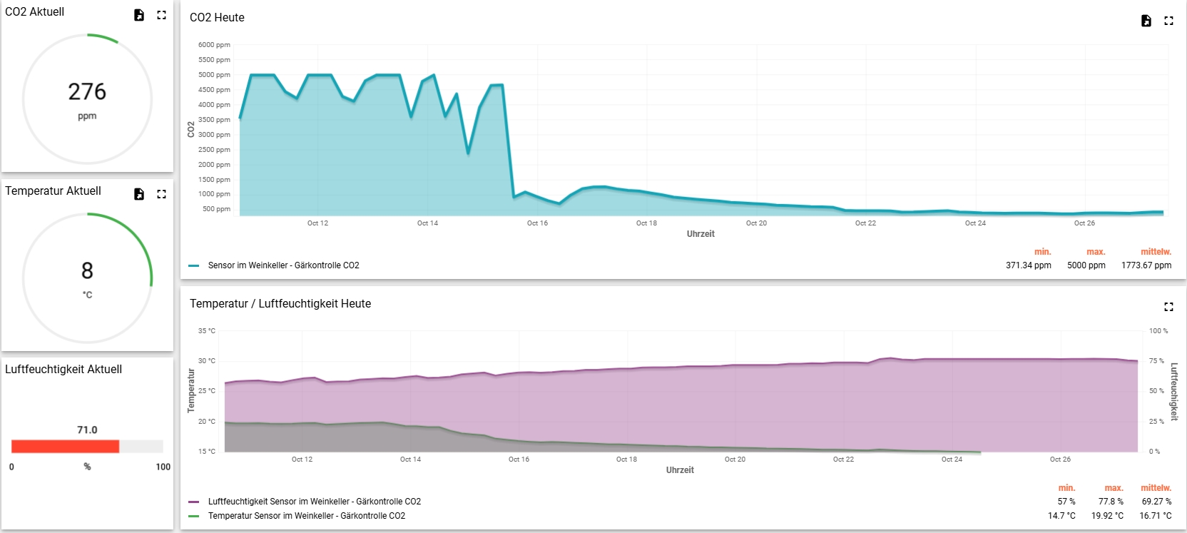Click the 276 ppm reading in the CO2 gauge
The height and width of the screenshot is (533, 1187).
tap(87, 92)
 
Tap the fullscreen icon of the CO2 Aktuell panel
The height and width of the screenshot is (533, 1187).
tap(162, 15)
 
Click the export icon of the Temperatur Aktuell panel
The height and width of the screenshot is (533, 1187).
tap(139, 194)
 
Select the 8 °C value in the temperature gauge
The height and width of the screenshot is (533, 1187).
tap(87, 271)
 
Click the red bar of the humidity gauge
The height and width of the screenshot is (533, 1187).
tap(65, 447)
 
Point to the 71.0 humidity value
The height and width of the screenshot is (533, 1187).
tap(87, 430)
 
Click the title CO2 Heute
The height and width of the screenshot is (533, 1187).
tap(217, 18)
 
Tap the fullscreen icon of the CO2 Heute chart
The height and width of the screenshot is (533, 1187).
tap(1168, 21)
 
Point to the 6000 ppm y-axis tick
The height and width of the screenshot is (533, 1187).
tap(214, 45)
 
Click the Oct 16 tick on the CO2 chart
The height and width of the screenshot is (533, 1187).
tap(537, 223)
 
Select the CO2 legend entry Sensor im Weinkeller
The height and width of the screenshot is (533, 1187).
tap(283, 265)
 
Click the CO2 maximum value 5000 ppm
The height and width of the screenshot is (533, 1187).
tap(1086, 265)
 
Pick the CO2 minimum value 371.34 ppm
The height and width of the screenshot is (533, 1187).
tap(1028, 265)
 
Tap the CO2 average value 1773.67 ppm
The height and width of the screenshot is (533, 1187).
tap(1146, 265)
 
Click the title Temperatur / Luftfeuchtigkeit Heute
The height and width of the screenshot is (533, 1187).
tap(280, 304)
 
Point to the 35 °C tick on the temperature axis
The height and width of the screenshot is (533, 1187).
tap(207, 331)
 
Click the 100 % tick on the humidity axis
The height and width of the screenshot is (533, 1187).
tap(1158, 331)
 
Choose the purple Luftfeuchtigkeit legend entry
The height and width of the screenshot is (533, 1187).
tap(314, 502)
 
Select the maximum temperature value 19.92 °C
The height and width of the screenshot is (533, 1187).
tap(1107, 516)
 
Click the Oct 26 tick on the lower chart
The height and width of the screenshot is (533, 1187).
tap(1060, 460)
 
